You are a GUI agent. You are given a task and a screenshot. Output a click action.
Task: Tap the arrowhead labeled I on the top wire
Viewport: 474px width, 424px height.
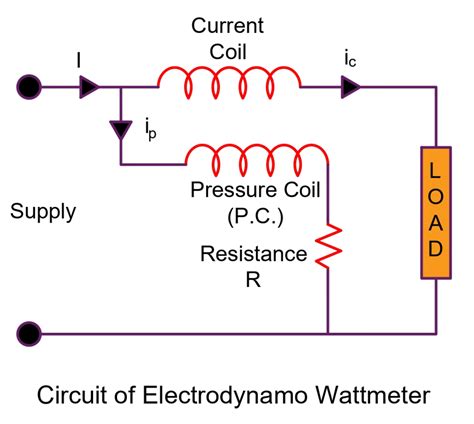click(x=89, y=88)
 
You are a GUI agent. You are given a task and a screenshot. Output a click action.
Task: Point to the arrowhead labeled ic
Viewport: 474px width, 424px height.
click(x=351, y=88)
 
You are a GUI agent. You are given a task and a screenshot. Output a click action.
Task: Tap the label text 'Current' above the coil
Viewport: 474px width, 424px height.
click(x=229, y=22)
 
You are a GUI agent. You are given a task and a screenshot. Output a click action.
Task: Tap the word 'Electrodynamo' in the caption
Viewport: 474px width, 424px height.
click(x=222, y=394)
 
